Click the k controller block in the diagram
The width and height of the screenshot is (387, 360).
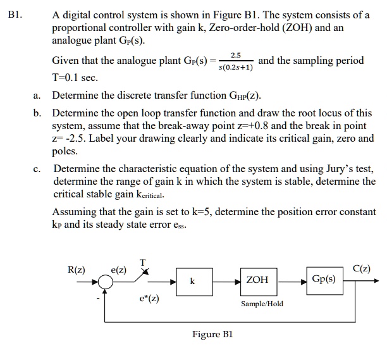click(192, 280)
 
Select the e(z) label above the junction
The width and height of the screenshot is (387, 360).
click(119, 270)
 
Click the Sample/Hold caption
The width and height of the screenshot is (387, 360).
click(262, 304)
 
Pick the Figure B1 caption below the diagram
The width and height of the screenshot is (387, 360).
click(212, 334)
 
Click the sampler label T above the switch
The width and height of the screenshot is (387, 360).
click(143, 263)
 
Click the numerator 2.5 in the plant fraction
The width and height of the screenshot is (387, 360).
click(236, 56)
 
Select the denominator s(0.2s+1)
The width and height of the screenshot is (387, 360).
click(235, 67)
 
